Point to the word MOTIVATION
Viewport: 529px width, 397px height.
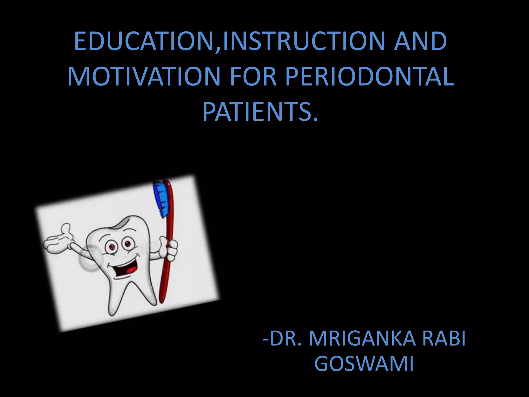[144, 77]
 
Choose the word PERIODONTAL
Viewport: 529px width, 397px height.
[369, 77]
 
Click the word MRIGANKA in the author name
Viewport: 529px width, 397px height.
[362, 339]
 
